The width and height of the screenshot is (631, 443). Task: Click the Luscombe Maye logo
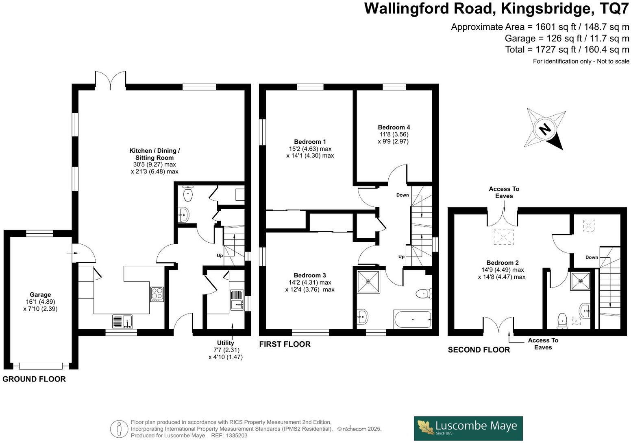pyautogui.click(x=468, y=428)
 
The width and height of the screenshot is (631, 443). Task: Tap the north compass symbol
pyautogui.click(x=545, y=129)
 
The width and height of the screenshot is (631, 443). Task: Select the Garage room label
pyautogui.click(x=40, y=295)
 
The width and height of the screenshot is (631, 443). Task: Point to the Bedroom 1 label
pyautogui.click(x=310, y=142)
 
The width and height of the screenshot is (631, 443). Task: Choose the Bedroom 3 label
pyautogui.click(x=310, y=275)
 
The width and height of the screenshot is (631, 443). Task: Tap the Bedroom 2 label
pyautogui.click(x=503, y=263)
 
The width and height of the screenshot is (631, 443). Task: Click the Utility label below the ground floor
pyautogui.click(x=225, y=343)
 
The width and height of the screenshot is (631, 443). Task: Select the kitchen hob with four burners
pyautogui.click(x=157, y=294)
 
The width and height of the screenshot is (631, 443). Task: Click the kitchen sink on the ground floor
pyautogui.click(x=122, y=321)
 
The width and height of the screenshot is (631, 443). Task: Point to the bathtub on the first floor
pyautogui.click(x=412, y=319)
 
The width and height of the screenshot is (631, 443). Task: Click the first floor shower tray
pyautogui.click(x=368, y=281)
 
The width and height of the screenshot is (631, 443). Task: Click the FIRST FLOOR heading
pyautogui.click(x=285, y=344)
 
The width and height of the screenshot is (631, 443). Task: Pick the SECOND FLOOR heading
pyautogui.click(x=479, y=350)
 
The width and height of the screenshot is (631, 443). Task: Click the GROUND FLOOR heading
pyautogui.click(x=34, y=379)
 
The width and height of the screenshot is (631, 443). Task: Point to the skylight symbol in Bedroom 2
pyautogui.click(x=504, y=237)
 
